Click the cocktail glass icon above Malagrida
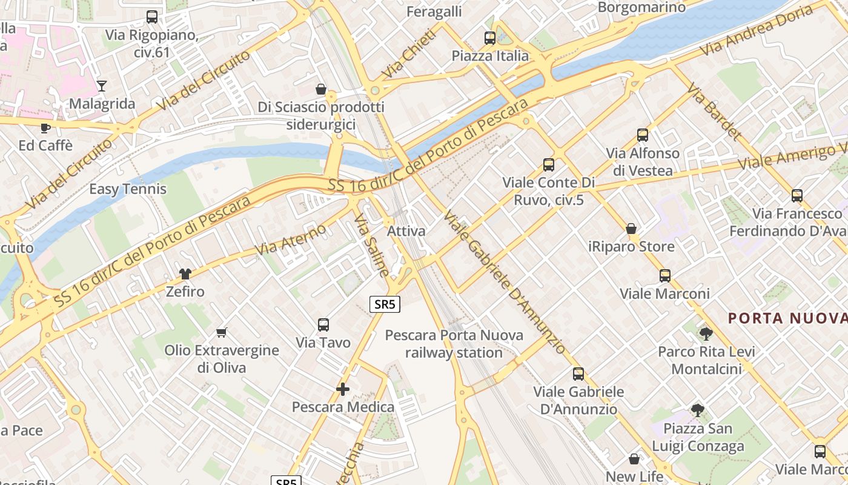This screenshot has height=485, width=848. pos(102,86)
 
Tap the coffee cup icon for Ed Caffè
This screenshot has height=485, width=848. pos(45,128)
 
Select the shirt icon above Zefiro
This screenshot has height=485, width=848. pos(185,274)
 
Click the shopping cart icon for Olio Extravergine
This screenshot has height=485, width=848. pos(222,332)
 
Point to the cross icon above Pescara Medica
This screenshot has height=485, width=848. pos(343,389)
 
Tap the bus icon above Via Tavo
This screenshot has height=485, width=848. pos(323,325)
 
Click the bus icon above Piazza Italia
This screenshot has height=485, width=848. pos(490,38)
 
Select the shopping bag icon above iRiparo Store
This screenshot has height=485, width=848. pos(631,229)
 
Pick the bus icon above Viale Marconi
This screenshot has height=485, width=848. pos(665,276)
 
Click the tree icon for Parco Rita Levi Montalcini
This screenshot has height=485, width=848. pos(706,333)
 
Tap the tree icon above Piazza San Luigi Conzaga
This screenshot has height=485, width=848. pos(698,410)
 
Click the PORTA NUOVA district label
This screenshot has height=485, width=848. pos(787,318)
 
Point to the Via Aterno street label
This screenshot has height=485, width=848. pos(291,239)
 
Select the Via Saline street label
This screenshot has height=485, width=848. pos(371,245)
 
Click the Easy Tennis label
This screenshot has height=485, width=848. pos(128,189)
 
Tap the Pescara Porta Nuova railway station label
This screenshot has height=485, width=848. pos(454,343)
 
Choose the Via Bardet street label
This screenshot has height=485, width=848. pos(715,112)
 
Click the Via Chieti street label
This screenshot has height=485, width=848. pos(409,54)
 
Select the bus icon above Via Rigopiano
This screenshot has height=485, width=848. pos(152,17)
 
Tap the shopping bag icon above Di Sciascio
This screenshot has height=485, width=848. pos(321,89)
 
